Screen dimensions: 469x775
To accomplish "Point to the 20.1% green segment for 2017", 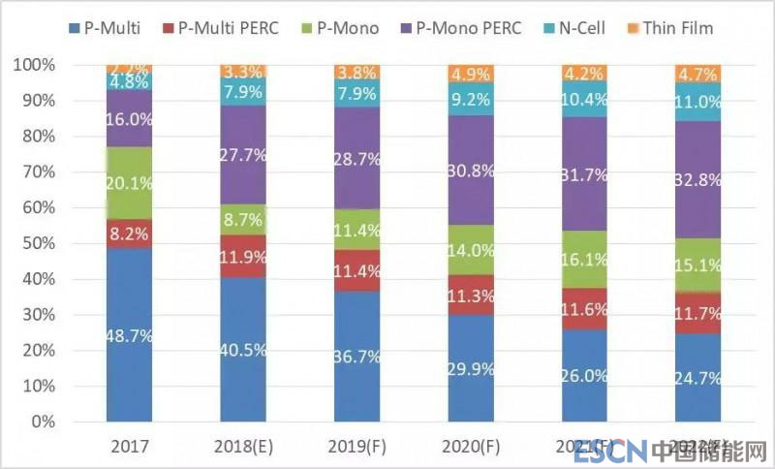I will point(129,181).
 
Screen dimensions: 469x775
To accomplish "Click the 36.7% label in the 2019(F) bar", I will point(356,357).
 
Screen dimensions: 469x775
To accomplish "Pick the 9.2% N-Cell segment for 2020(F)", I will point(469,98).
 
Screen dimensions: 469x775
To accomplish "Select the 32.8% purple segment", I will point(697,179).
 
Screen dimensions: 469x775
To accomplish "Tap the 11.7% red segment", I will point(697,313).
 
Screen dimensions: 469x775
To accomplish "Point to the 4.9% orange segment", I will point(469,74).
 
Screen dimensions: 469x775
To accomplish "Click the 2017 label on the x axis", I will point(129,449).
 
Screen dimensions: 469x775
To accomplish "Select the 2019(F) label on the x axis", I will point(356,449).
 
